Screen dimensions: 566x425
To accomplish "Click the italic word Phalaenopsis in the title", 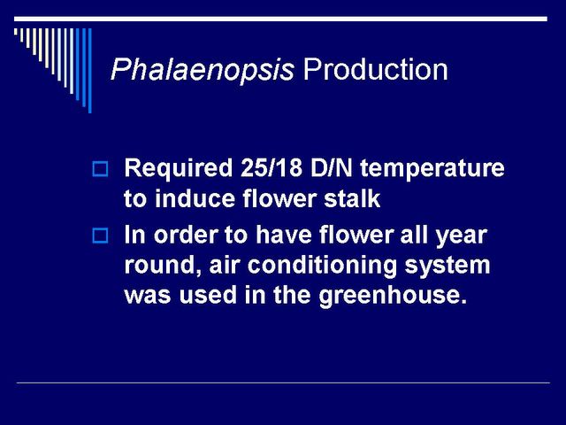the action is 203,70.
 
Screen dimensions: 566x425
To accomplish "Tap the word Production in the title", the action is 375,69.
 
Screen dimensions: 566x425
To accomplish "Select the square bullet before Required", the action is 100,169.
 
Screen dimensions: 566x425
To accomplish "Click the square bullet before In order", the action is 100,236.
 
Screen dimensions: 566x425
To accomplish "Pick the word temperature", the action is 432,169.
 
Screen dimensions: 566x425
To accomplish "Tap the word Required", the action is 178,169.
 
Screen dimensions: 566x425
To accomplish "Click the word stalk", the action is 352,198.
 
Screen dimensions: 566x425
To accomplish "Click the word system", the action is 447,267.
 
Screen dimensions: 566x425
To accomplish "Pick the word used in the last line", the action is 208,295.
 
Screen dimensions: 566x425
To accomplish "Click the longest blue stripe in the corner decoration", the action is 90,71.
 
